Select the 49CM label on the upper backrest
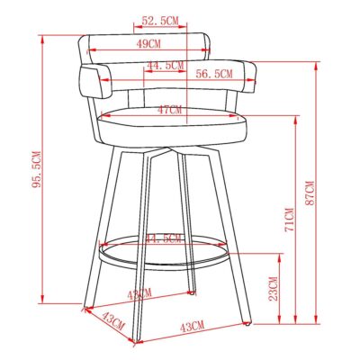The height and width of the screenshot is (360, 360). click(148, 42)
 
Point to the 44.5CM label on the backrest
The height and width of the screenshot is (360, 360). click(165, 66)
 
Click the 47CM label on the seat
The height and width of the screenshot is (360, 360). click(168, 110)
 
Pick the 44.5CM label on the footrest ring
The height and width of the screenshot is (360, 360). click(163, 238)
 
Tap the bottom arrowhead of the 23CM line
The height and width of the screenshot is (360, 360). click(279, 322)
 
